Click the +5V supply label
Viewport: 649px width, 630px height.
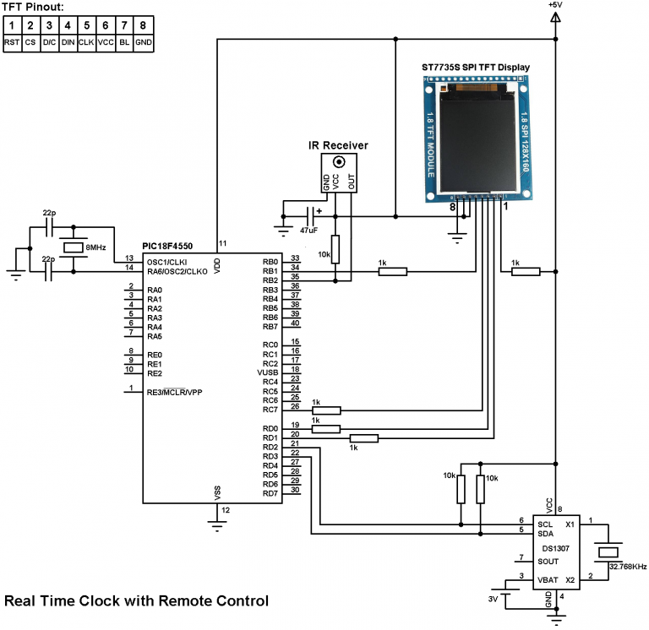[x=554, y=5]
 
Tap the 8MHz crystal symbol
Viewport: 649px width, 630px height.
[x=74, y=247]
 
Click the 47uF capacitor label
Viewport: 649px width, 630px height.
[x=309, y=230]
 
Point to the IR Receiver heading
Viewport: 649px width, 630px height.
[x=338, y=145]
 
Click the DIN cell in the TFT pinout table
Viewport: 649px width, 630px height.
[x=68, y=42]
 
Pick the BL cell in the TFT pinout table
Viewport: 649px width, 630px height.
[x=125, y=42]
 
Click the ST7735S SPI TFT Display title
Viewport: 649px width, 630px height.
[x=476, y=67]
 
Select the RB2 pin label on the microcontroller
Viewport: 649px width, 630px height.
[x=270, y=280]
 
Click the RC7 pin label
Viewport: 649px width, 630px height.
[x=270, y=410]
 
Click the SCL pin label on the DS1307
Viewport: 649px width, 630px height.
[x=545, y=524]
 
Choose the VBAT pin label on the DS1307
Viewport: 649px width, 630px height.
[x=548, y=580]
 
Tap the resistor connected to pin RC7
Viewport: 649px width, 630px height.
[x=326, y=410]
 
